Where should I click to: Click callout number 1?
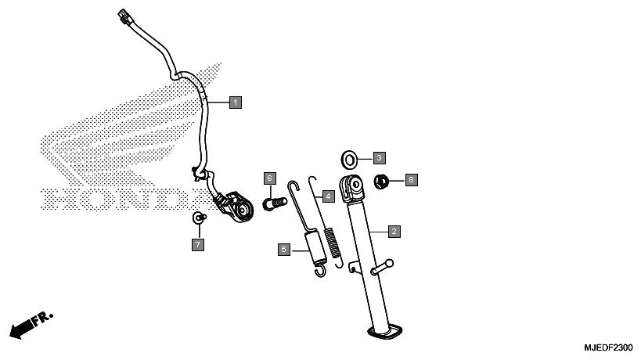pyautogui.click(x=236, y=103)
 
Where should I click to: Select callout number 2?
pyautogui.click(x=394, y=232)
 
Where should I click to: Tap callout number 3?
pyautogui.click(x=380, y=158)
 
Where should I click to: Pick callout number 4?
pyautogui.click(x=328, y=196)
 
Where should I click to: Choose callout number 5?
pyautogui.click(x=284, y=250)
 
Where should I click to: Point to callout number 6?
pyautogui.click(x=269, y=178)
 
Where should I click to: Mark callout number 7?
pyautogui.click(x=198, y=245)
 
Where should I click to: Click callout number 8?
pyautogui.click(x=411, y=179)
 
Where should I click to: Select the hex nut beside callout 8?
pyautogui.click(x=381, y=182)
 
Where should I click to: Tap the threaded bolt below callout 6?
pyautogui.click(x=275, y=203)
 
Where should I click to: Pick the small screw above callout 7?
pyautogui.click(x=199, y=218)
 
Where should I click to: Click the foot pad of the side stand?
pyautogui.click(x=385, y=331)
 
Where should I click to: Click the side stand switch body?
pyautogui.click(x=237, y=207)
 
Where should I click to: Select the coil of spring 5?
pyautogui.click(x=316, y=247)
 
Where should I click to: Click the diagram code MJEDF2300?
pyautogui.click(x=608, y=347)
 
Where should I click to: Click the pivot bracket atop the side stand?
pyautogui.click(x=351, y=189)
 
